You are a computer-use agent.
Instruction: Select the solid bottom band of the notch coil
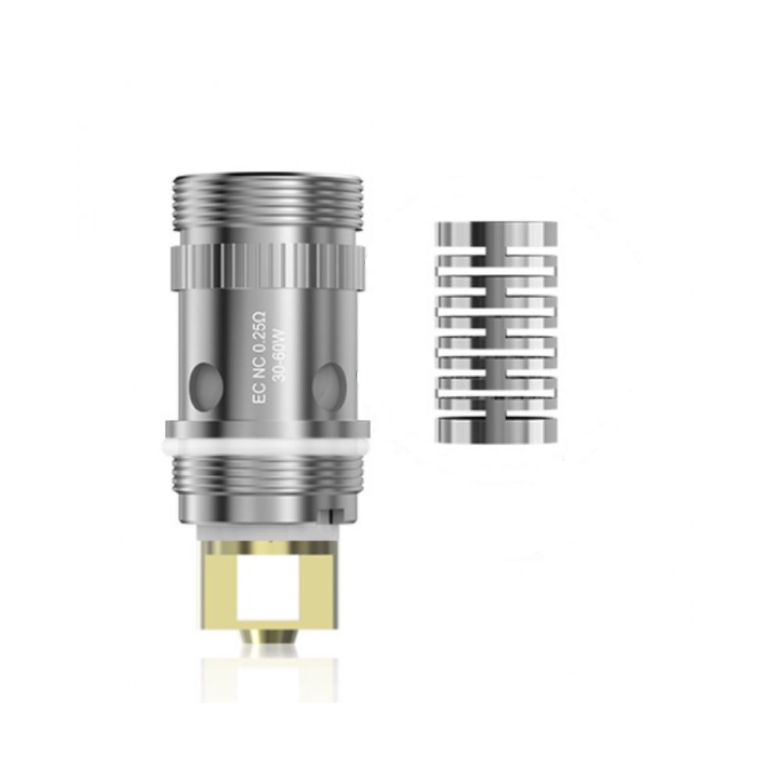pos(496,427)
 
